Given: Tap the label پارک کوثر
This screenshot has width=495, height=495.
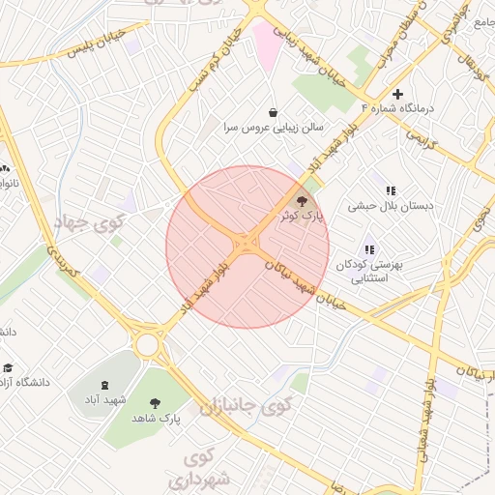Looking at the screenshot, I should [305, 218].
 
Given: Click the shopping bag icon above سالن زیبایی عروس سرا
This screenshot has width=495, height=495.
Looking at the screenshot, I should [274, 111].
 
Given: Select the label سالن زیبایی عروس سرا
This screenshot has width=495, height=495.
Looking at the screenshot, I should [274, 127].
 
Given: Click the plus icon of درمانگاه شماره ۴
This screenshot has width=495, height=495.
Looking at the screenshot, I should [397, 93].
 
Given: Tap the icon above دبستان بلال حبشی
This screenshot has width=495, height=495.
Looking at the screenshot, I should [392, 190].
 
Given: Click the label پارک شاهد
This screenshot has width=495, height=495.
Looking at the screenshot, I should [156, 418].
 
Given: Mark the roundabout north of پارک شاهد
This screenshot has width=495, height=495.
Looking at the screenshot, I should [148, 344].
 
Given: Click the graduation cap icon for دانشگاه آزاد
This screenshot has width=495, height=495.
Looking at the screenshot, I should [9, 367].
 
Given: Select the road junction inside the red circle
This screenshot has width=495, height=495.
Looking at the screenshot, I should [247, 243].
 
